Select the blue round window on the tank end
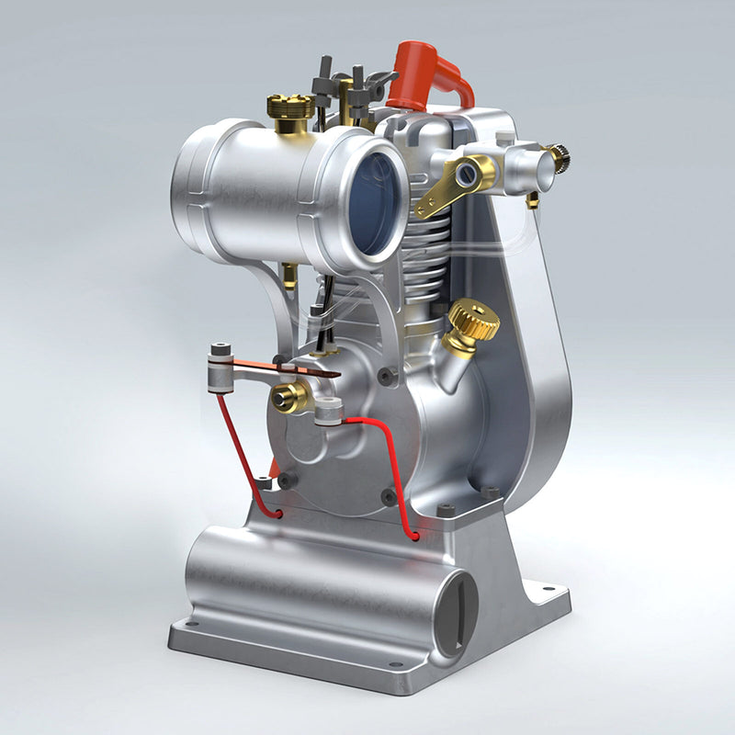[377, 203]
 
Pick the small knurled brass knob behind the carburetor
[559, 157]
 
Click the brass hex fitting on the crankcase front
[289, 397]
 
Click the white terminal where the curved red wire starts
[329, 414]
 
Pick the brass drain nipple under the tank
[289, 275]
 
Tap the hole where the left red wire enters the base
[277, 514]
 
